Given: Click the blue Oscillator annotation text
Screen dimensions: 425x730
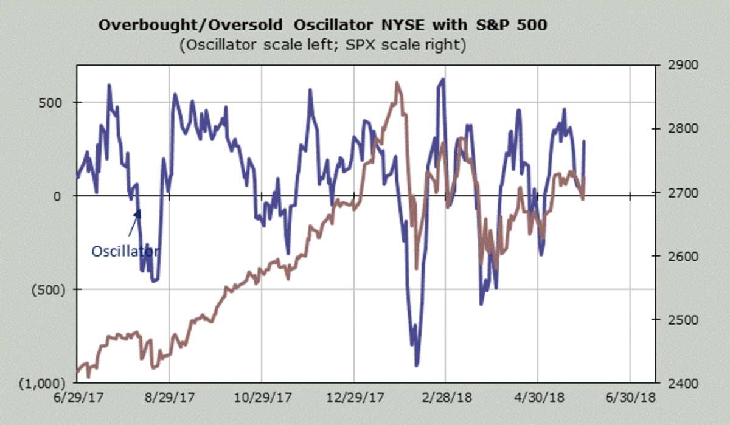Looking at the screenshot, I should tap(126, 251).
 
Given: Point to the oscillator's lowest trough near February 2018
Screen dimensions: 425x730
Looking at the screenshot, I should tap(417, 365).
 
